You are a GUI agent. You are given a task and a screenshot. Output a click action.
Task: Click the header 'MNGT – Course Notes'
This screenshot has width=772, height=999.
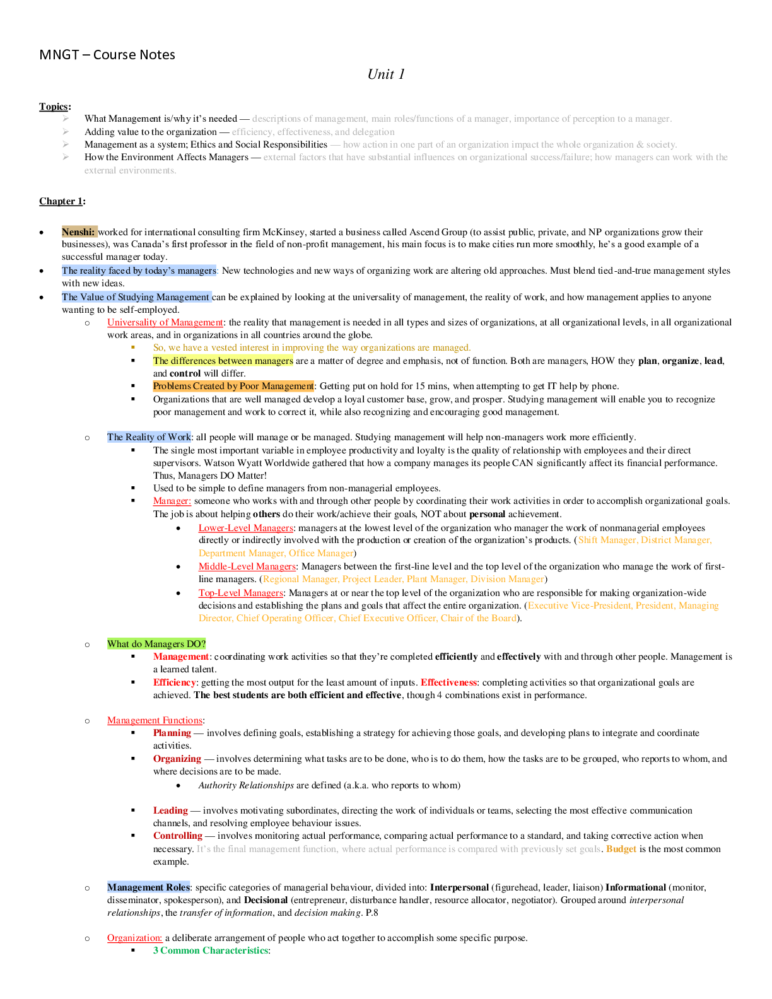point(107,55)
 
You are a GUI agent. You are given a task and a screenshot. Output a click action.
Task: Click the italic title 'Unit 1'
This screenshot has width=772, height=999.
point(386,74)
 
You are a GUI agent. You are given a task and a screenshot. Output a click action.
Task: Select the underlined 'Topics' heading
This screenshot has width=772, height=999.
point(54,107)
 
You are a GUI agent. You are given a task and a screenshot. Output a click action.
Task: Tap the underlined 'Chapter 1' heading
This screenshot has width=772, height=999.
point(61,201)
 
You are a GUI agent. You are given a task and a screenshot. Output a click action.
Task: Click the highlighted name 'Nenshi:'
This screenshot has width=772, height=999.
point(78,232)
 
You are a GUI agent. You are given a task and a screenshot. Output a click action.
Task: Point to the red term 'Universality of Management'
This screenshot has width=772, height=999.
point(165,322)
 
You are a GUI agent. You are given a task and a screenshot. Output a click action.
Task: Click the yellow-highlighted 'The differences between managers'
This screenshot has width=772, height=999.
point(223,361)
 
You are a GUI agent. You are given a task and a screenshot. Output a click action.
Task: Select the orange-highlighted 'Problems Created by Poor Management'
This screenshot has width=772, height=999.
point(233,386)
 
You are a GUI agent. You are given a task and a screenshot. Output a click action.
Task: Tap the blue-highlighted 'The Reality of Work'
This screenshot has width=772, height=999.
point(149,437)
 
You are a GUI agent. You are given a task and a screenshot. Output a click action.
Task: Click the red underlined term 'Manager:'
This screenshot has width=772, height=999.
point(172,501)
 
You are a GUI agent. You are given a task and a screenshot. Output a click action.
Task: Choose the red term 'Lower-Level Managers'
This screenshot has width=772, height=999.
point(245,528)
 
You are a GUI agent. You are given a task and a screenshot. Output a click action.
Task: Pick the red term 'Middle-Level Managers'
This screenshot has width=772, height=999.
point(247,566)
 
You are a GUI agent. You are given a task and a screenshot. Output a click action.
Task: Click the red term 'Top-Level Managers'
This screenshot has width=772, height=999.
point(240,593)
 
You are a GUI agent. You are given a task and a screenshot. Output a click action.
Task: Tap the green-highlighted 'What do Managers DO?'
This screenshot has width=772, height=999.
point(156,644)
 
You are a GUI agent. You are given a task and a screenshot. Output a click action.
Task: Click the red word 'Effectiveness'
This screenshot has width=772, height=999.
point(448,682)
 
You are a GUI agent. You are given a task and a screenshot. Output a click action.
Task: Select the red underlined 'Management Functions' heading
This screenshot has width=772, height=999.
point(155,720)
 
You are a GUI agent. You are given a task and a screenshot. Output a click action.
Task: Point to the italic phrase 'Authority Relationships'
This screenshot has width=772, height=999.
point(246,785)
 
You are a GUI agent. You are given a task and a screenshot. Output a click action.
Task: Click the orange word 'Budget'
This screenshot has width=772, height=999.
point(621,849)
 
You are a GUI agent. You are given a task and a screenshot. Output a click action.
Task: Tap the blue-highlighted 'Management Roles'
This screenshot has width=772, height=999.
point(148,887)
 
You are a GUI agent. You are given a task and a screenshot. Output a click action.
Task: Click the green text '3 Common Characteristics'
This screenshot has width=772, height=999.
point(211,950)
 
